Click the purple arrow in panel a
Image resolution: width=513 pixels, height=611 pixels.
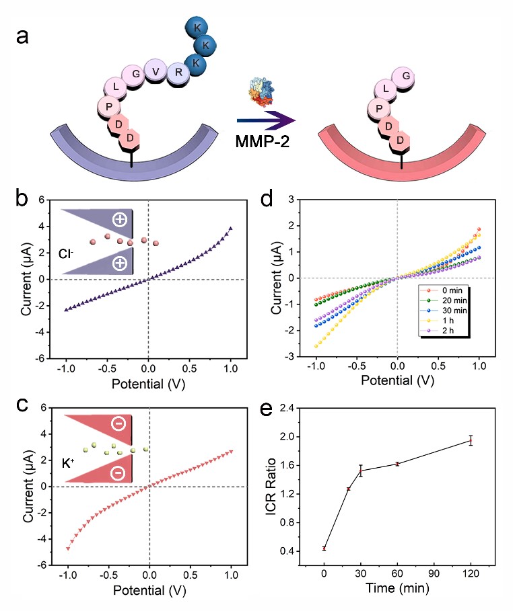click(x=267, y=121)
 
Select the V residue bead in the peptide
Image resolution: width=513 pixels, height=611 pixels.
click(x=156, y=71)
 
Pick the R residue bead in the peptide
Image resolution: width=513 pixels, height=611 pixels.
click(x=178, y=71)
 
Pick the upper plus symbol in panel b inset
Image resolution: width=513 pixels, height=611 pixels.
click(x=120, y=219)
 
